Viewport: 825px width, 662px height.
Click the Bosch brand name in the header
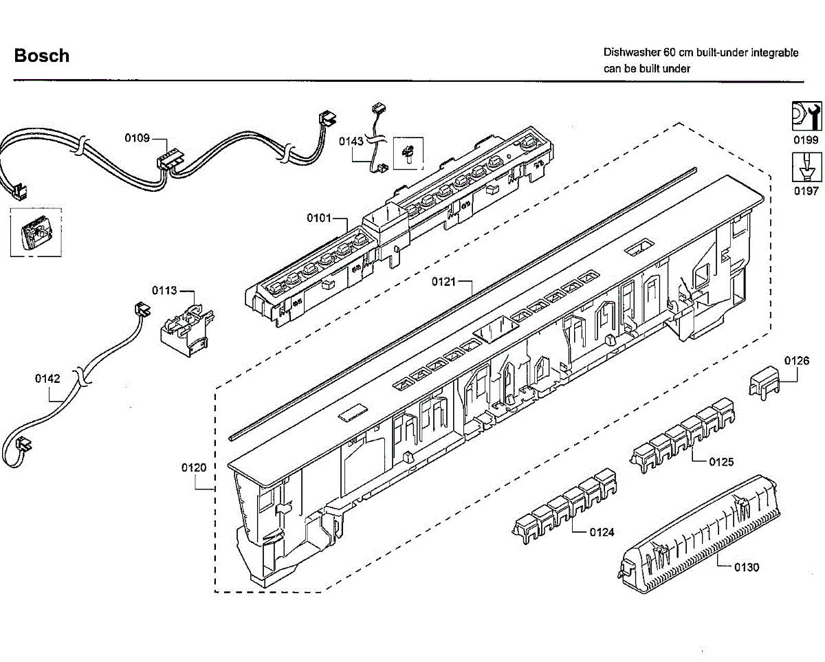[x=42, y=56]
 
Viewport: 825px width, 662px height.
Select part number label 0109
[x=137, y=138]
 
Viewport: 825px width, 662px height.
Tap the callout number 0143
[x=351, y=141]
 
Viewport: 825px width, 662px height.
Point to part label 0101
[x=320, y=219]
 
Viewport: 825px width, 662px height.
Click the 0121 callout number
[x=444, y=281]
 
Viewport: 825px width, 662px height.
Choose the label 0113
[x=165, y=290]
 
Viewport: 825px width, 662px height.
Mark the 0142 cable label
[x=47, y=378]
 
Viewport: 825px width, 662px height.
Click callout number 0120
[x=194, y=467]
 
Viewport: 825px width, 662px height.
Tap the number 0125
[x=721, y=461]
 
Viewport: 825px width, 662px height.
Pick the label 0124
[x=602, y=532]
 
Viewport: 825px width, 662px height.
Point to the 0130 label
[x=747, y=567]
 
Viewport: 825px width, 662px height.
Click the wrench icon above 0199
[x=806, y=115]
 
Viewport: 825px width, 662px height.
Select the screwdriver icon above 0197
[x=806, y=166]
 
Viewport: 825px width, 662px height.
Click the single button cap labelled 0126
[x=765, y=380]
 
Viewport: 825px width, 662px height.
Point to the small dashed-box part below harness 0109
[x=34, y=232]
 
